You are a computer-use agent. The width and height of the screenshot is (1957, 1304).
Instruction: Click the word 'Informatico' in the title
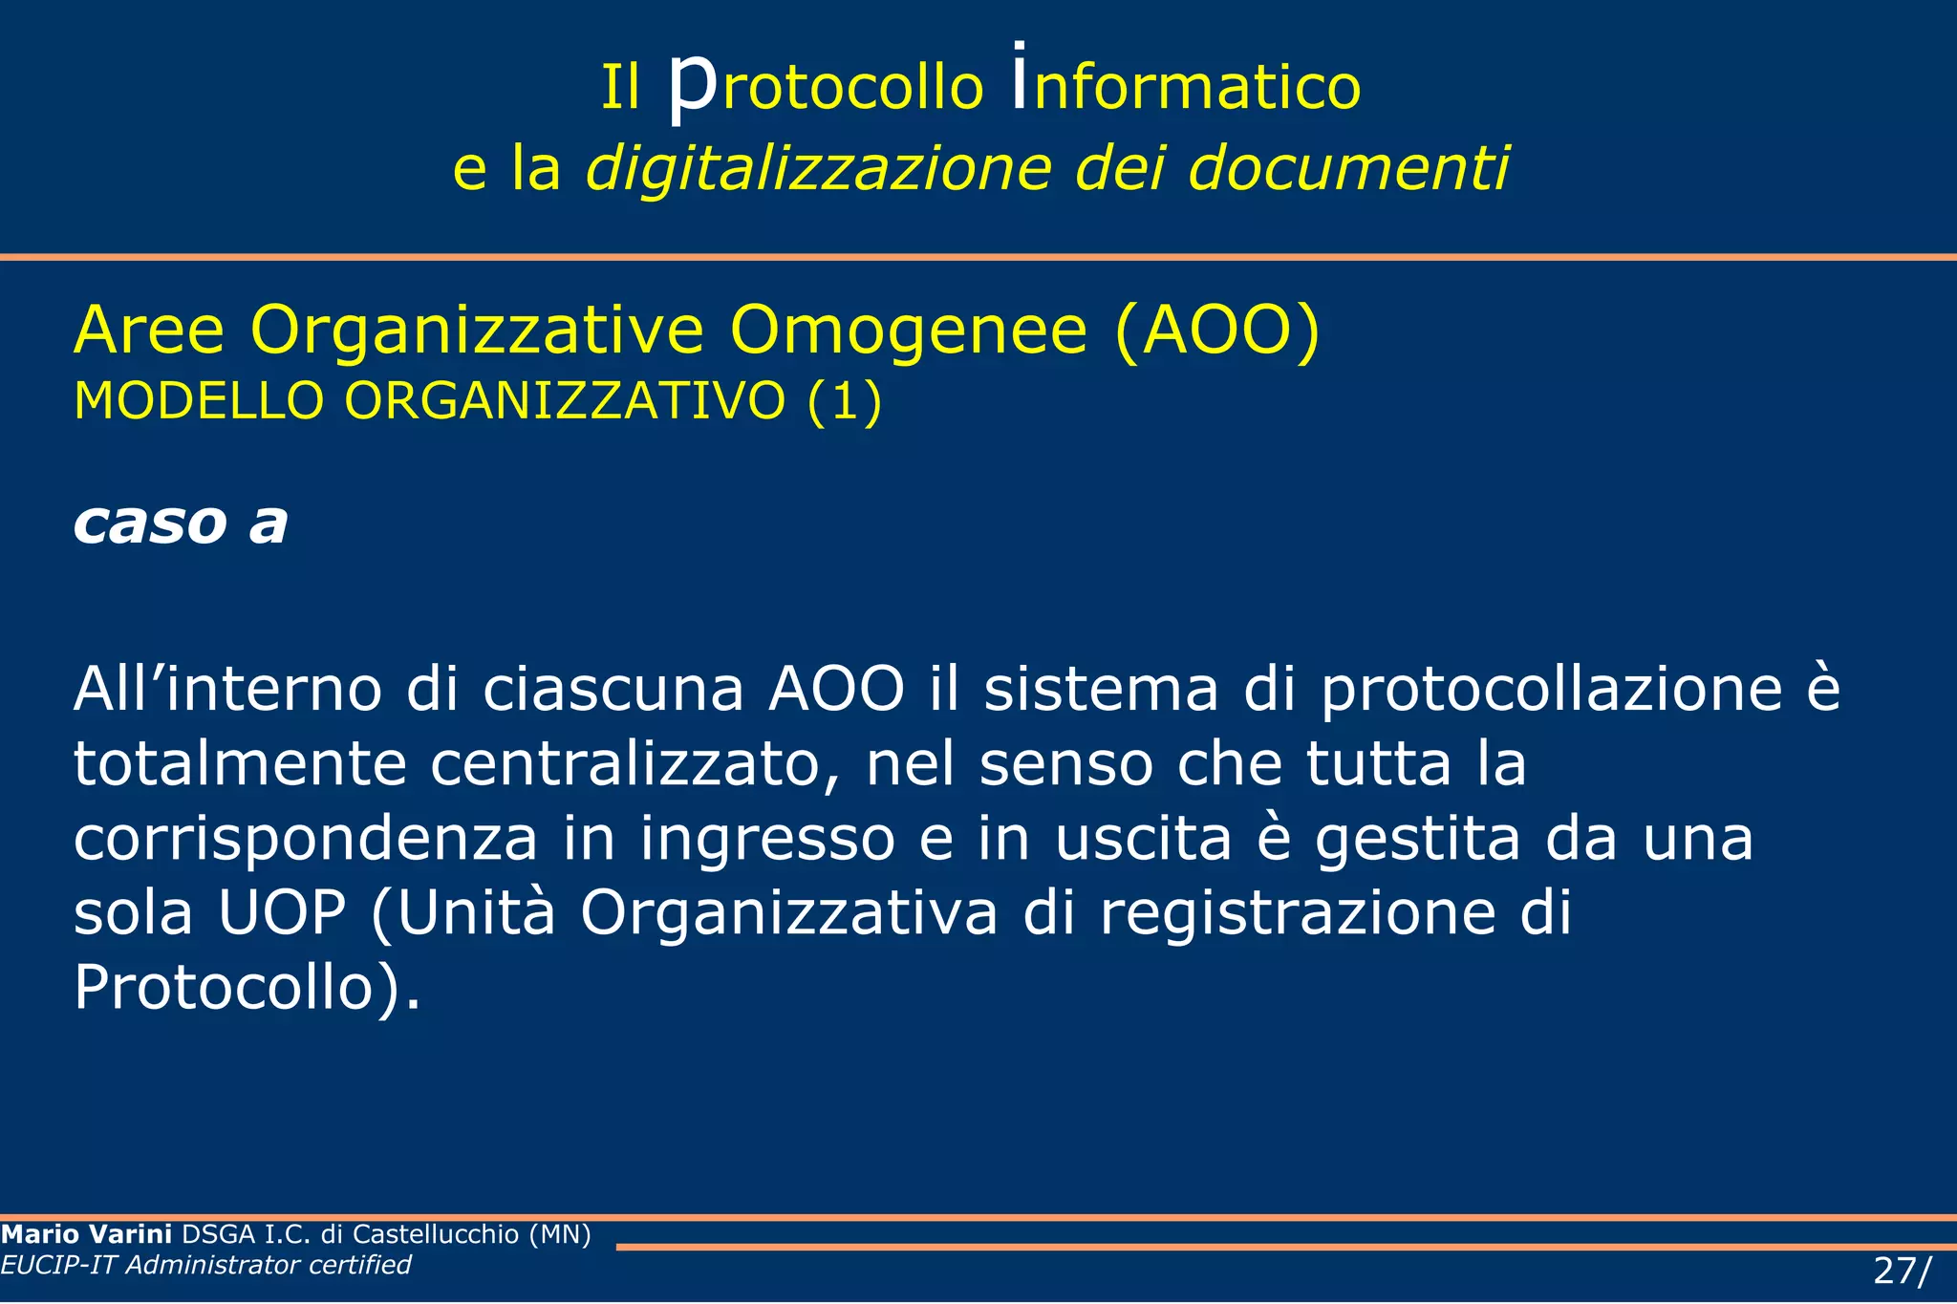click(x=1186, y=86)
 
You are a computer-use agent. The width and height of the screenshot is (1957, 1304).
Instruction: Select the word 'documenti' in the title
click(x=1348, y=168)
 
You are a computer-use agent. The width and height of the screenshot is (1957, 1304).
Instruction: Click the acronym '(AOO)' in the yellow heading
click(x=1217, y=331)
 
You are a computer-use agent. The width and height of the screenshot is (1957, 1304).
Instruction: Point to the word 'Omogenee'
click(x=908, y=331)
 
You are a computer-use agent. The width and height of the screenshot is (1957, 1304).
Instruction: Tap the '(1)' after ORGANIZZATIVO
click(x=844, y=400)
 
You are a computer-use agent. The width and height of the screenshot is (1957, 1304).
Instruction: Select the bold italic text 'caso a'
click(x=181, y=523)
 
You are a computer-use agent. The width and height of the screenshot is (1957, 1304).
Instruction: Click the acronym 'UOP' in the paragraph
click(x=282, y=912)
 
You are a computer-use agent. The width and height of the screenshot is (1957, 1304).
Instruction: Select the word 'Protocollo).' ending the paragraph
click(x=247, y=987)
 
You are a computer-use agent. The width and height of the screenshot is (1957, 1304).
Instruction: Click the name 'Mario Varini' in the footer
click(x=87, y=1234)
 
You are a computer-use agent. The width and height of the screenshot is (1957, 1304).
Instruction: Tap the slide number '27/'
click(x=1902, y=1272)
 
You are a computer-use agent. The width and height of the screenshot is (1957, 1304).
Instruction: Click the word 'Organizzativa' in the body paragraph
click(x=788, y=912)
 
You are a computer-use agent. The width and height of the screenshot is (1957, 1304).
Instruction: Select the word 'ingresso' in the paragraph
click(x=767, y=838)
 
